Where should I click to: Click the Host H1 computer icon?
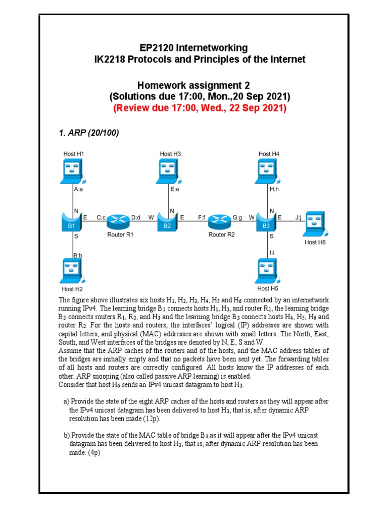click(x=72, y=171)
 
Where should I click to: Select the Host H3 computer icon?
click(x=170, y=171)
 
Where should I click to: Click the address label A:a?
click(x=78, y=190)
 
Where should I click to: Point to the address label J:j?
click(x=298, y=218)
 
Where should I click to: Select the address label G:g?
click(x=237, y=218)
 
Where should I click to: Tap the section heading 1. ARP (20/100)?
click(x=89, y=133)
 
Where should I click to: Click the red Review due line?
click(x=200, y=108)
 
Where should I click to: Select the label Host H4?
click(x=269, y=153)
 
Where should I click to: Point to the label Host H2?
click(x=72, y=289)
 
